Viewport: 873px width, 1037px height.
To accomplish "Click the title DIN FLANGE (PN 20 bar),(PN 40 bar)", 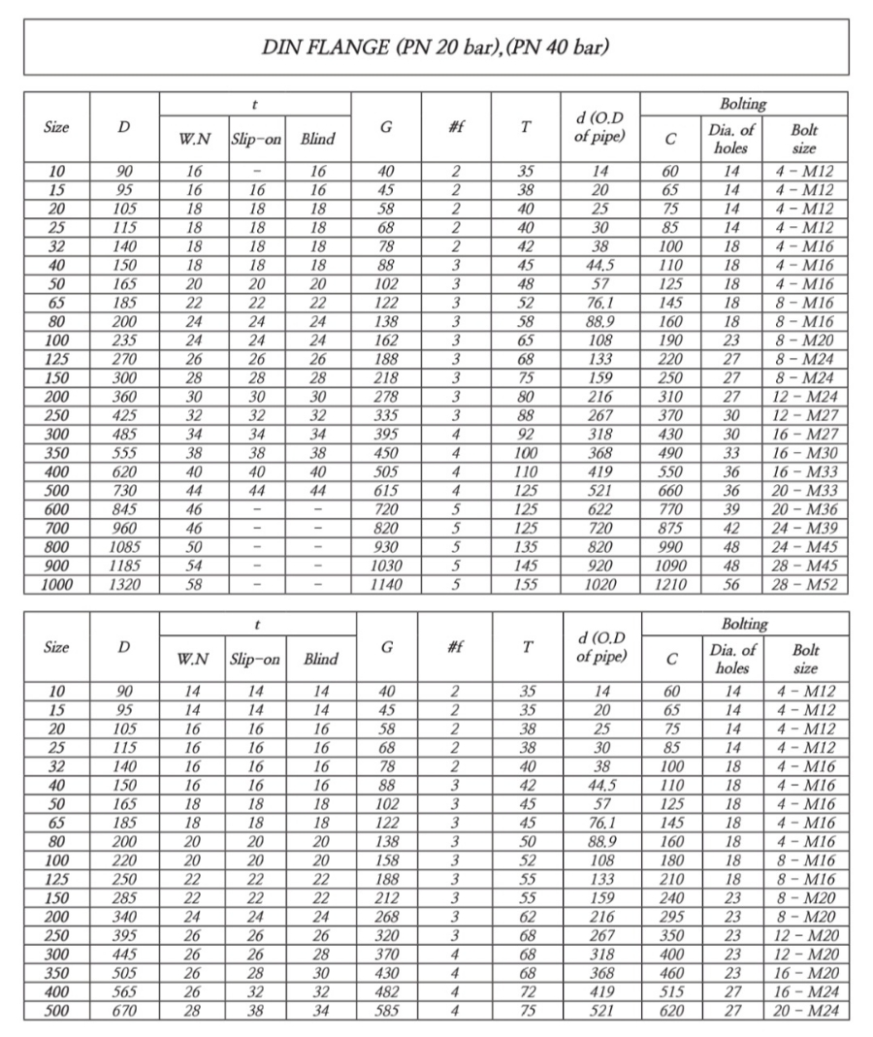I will (x=436, y=48).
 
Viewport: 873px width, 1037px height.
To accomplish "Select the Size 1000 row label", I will (x=57, y=585).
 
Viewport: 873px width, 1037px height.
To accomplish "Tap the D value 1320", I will (x=124, y=585).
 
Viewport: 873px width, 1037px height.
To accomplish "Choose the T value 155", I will (x=525, y=585).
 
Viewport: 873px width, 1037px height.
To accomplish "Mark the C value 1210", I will (x=670, y=585).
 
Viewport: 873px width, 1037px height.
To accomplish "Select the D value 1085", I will (x=124, y=548).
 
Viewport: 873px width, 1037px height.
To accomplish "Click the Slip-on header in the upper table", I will (x=256, y=139).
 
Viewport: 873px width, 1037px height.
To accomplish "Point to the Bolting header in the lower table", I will (x=744, y=623).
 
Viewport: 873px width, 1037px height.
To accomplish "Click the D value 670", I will (x=124, y=1011).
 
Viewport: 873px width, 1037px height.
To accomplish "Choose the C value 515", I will (x=670, y=992).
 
